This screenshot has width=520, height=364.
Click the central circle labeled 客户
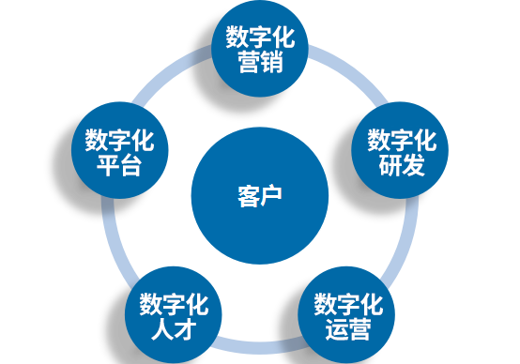pos(260,195)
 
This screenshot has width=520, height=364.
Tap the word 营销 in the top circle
pos(261,62)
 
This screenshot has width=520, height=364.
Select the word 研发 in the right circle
pos(402,165)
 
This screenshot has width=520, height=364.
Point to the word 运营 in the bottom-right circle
pos(348,329)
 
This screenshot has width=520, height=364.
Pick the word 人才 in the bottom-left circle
pos(174,329)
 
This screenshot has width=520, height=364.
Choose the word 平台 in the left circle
pos(119,165)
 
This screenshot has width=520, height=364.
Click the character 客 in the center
pos(249,196)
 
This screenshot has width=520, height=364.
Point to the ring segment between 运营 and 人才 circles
pos(260,346)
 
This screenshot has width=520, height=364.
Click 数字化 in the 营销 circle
pos(260,38)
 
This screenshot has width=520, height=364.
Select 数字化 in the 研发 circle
pos(402,140)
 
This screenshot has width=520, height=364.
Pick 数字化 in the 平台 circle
pos(119,140)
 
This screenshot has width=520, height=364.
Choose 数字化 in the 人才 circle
pos(174,304)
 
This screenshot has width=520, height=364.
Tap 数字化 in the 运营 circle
pos(348,304)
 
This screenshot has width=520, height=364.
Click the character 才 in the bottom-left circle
pos(186,329)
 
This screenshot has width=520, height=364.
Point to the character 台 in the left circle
pos(131,165)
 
